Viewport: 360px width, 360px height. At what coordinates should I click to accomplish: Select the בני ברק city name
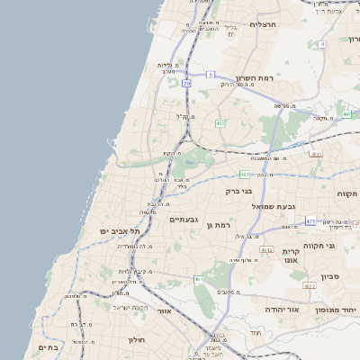(238, 191)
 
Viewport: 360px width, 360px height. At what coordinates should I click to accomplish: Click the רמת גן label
(220, 224)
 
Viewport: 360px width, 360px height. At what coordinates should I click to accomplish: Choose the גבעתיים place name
(184, 219)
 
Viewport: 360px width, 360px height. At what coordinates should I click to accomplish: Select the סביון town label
(328, 276)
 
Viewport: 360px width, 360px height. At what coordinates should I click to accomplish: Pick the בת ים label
(48, 346)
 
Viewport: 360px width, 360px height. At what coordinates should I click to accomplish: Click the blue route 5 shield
(210, 75)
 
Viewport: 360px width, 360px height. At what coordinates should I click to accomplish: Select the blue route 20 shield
(186, 83)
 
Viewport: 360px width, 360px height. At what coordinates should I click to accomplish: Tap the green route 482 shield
(220, 123)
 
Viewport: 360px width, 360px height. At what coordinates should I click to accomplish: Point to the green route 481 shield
(245, 174)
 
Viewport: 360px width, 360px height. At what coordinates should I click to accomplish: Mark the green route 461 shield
(198, 280)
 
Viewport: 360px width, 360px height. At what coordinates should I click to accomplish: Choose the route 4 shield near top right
(321, 43)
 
